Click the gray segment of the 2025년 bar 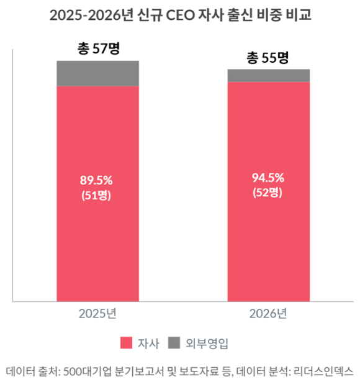coord(97,73)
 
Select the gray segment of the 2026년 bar coord(268,75)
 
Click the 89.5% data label coord(96,181)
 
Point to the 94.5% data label coord(268,178)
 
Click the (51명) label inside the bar coord(96,194)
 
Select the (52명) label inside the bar coord(268,192)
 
